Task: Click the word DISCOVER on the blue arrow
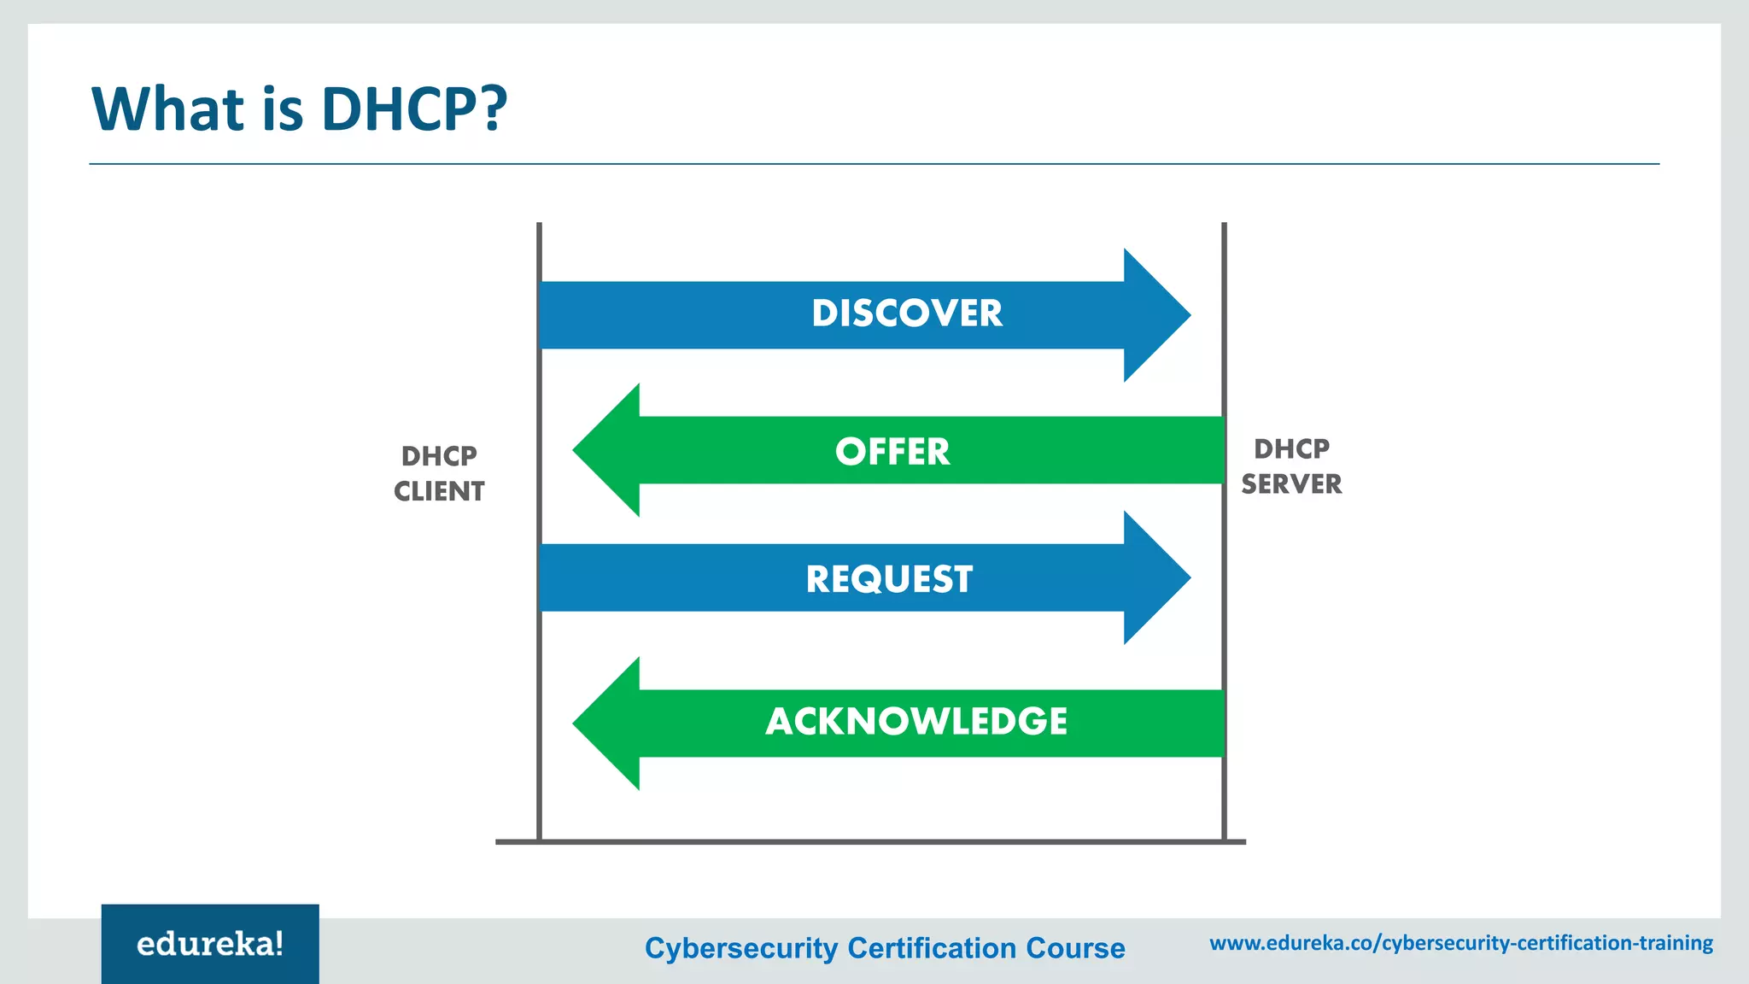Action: click(x=907, y=313)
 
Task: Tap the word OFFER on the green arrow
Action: click(x=892, y=452)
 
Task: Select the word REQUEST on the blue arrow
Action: click(x=889, y=579)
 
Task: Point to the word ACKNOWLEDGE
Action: click(x=916, y=722)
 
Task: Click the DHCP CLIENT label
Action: click(x=439, y=473)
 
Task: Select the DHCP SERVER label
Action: click(x=1291, y=466)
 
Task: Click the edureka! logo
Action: click(x=210, y=944)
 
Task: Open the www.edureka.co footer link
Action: click(x=1461, y=943)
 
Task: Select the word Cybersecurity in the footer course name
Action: click(x=741, y=948)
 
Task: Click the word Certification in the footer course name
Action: click(x=932, y=948)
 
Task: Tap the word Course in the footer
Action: click(x=1075, y=948)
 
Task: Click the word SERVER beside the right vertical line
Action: click(x=1291, y=484)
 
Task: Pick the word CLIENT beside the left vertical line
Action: click(x=439, y=492)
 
